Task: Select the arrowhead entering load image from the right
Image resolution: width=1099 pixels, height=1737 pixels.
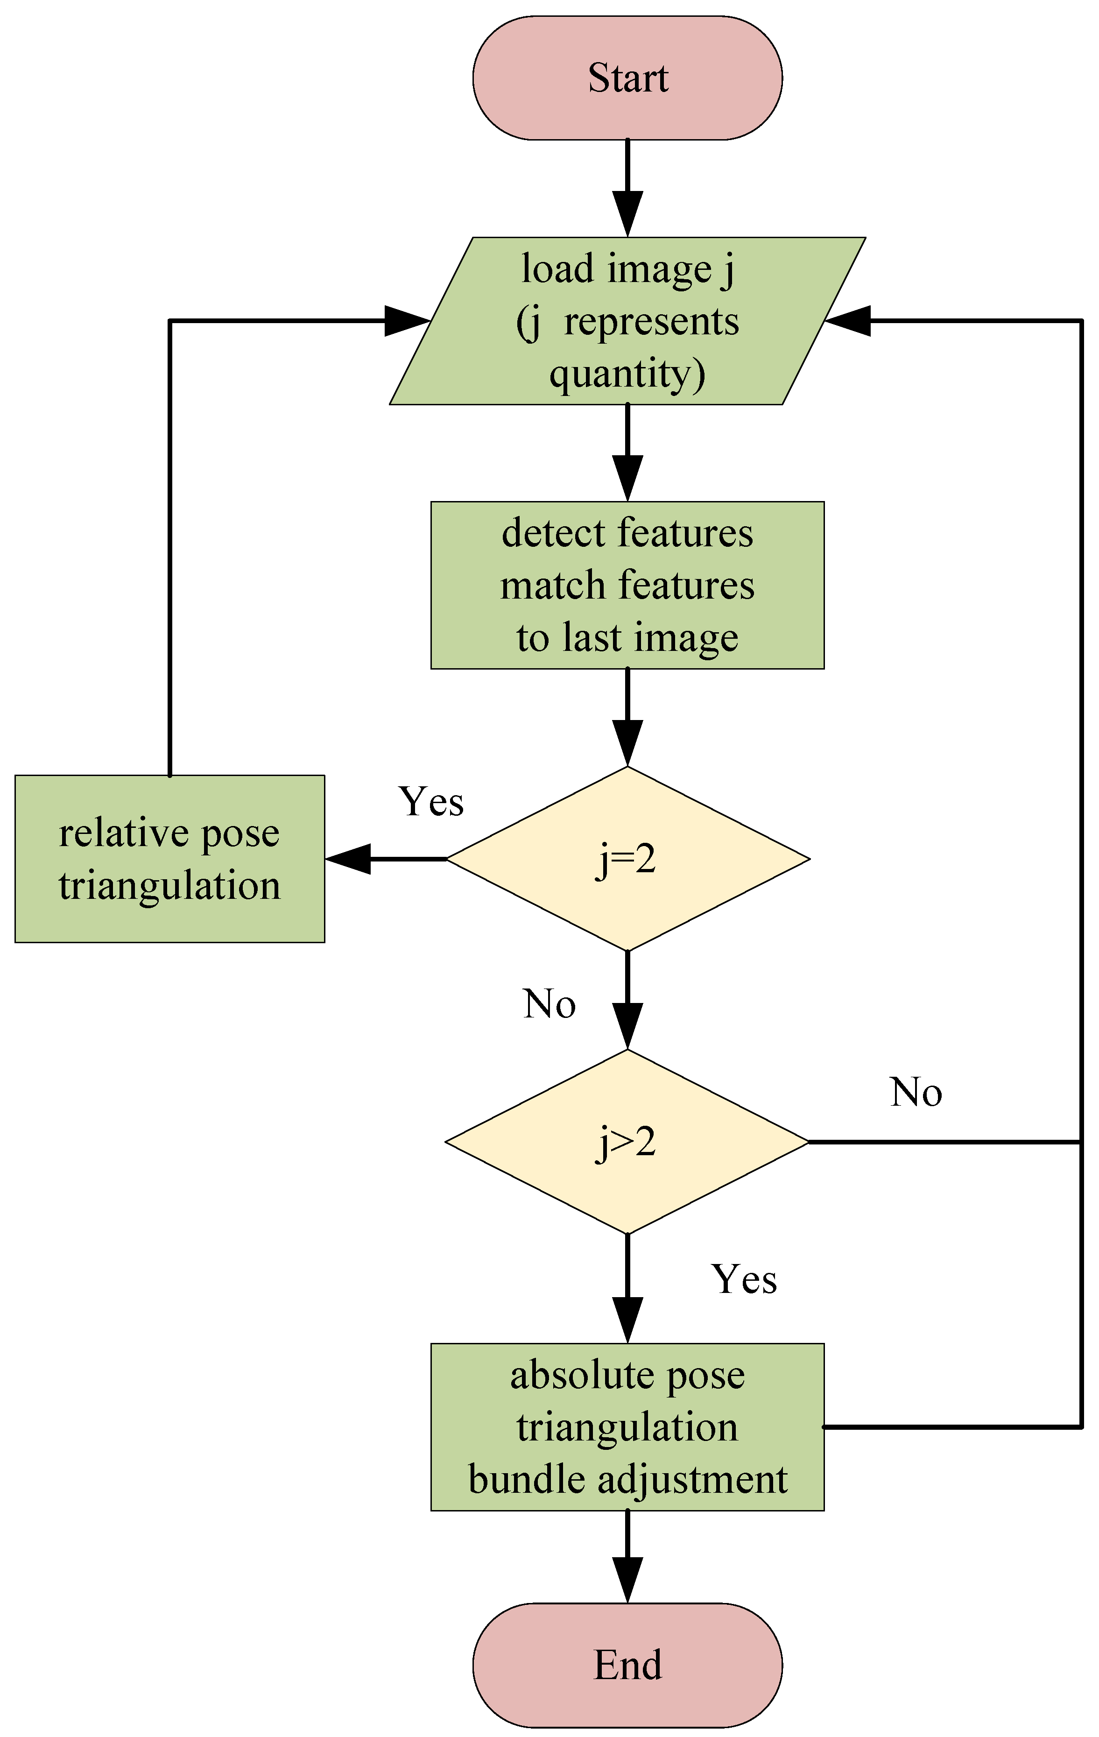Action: tap(848, 320)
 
